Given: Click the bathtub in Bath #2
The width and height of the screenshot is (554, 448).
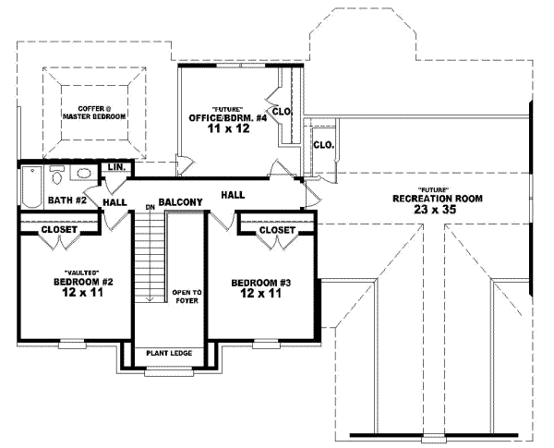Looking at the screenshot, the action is click(x=32, y=187).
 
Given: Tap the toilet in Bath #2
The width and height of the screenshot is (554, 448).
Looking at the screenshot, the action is click(x=57, y=175).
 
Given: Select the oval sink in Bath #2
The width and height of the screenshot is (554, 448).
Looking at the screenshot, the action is click(x=84, y=174).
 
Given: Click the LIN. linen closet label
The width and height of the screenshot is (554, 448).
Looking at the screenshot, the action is click(x=116, y=167).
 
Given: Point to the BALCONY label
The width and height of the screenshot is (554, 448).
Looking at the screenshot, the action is click(x=181, y=202).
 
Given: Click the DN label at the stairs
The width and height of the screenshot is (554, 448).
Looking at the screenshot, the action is click(x=151, y=208).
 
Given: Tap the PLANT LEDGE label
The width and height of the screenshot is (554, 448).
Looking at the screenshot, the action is click(x=169, y=353).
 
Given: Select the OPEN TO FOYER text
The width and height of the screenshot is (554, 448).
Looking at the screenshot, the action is click(x=187, y=297).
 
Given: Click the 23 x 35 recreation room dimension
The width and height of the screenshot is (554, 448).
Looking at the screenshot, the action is click(x=435, y=210).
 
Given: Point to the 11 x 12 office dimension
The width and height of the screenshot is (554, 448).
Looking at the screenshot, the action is click(x=229, y=128).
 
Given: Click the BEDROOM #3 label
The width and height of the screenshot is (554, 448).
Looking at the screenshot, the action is click(x=260, y=283).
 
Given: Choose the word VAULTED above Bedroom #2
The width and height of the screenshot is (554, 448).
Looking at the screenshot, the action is click(x=81, y=272).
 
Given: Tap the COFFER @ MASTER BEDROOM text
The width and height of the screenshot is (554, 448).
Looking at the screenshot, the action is click(x=94, y=113).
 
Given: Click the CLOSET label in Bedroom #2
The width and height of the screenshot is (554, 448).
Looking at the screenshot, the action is click(x=59, y=229).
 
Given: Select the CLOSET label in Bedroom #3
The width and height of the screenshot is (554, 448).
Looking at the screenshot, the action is click(x=277, y=230).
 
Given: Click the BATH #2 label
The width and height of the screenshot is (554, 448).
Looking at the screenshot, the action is click(x=67, y=200).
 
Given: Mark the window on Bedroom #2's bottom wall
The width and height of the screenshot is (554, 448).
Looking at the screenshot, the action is click(x=72, y=344).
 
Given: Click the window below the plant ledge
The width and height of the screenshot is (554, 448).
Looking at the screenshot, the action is click(x=169, y=372).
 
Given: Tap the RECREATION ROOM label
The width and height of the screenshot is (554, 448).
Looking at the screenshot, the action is click(x=438, y=199).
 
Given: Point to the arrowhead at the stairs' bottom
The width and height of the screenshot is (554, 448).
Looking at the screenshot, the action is click(x=151, y=299).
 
